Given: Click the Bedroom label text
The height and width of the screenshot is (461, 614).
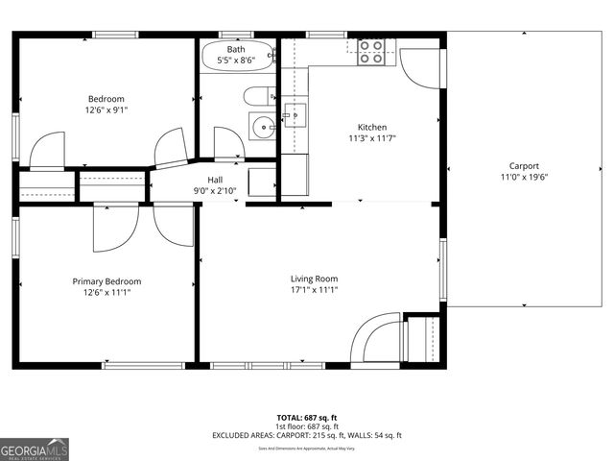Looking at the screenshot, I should (x=106, y=99).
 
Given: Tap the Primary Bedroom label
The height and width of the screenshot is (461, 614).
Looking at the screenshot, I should (x=106, y=281).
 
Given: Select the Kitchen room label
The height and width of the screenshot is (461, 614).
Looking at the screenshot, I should (x=372, y=127).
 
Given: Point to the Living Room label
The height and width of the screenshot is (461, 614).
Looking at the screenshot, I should (x=314, y=279).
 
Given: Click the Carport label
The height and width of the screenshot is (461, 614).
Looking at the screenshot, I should (x=524, y=165).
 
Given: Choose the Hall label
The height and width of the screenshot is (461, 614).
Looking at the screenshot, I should (x=216, y=180).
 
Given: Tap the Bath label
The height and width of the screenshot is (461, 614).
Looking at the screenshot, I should (x=236, y=49).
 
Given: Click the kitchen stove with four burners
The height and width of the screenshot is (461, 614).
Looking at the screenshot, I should (x=371, y=52).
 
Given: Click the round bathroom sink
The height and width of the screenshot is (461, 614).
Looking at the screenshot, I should (x=261, y=125).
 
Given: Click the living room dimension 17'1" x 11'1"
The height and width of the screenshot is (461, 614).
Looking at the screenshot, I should (x=314, y=290).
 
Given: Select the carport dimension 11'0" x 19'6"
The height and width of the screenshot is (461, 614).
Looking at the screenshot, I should (x=524, y=177).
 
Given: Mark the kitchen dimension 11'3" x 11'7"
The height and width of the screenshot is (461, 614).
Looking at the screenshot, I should (x=372, y=138).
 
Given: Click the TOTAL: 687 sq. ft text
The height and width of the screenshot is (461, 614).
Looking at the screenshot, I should (x=306, y=417).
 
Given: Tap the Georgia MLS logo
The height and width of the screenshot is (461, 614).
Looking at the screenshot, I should (x=35, y=449).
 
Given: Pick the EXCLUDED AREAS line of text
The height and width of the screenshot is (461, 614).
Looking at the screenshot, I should (x=306, y=435).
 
